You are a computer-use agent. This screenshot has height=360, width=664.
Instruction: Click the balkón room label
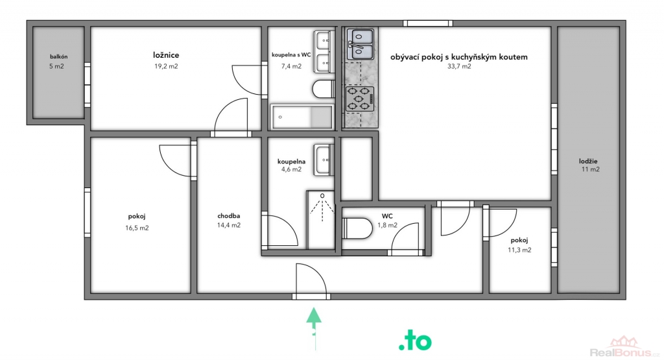(58, 56)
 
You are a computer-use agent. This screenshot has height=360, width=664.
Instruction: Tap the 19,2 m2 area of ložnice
(166, 66)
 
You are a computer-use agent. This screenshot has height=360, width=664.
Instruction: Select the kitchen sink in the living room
(361, 44)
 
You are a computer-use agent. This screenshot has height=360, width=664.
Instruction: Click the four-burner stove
(360, 99)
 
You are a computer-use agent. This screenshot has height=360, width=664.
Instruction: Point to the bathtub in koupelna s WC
(302, 117)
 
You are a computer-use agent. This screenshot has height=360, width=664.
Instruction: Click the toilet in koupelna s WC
(324, 89)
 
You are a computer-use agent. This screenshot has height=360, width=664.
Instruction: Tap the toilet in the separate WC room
(357, 228)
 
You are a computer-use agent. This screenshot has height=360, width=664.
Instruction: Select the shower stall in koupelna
(320, 220)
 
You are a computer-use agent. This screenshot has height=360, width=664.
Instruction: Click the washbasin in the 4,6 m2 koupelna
(324, 160)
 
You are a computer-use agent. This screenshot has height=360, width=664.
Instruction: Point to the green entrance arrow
(314, 329)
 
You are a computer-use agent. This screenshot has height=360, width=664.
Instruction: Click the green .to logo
(415, 341)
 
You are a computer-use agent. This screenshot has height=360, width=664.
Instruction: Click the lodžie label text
(588, 161)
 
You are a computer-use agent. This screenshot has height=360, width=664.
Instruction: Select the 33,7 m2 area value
(459, 66)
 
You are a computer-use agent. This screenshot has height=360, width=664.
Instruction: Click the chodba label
(229, 216)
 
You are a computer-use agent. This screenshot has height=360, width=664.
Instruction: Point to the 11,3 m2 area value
(519, 250)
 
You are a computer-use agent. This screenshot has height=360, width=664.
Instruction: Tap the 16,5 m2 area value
(137, 228)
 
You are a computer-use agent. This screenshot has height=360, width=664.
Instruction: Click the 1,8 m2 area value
(388, 225)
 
